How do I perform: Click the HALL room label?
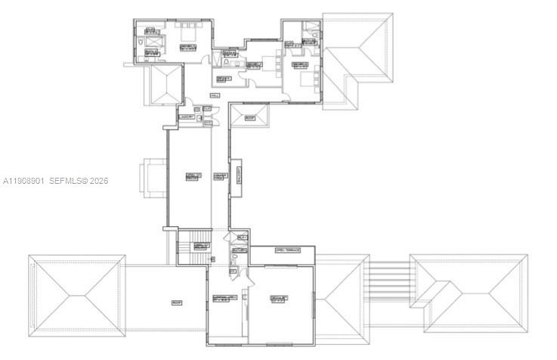pyautogui.click(x=215, y=95)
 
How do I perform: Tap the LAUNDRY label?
pyautogui.click(x=186, y=117)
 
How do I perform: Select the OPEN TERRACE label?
pyautogui.click(x=288, y=250)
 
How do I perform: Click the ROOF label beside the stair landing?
pyautogui.click(x=176, y=303)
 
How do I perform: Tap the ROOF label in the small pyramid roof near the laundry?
pyautogui.click(x=249, y=118)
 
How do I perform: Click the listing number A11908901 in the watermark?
pyautogui.click(x=25, y=181)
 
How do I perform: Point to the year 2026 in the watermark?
pyautogui.click(x=100, y=181)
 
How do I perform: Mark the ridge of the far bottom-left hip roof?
pyautogui.click(x=75, y=296)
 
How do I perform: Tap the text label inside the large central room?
pyautogui.click(x=193, y=176)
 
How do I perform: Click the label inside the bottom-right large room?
pyautogui.click(x=277, y=298)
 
